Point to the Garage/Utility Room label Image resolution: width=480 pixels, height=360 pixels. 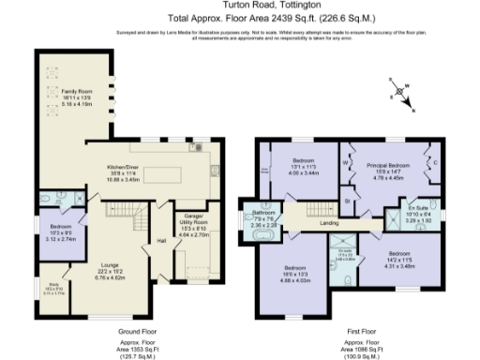click(x=193, y=222)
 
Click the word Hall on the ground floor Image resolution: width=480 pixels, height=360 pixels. click(x=161, y=242)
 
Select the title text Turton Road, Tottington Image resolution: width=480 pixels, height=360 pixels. click(x=240, y=7)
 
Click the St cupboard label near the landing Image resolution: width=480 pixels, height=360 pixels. click(x=347, y=200)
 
